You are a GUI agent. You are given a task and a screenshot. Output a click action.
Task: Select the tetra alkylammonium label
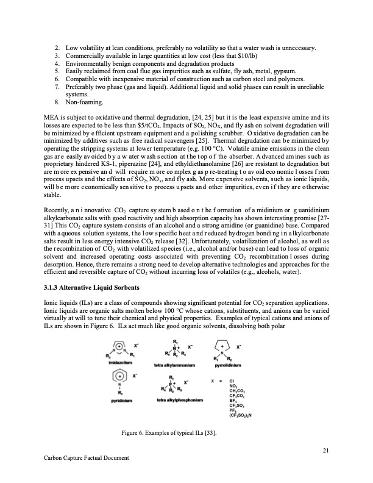click(179, 366)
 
